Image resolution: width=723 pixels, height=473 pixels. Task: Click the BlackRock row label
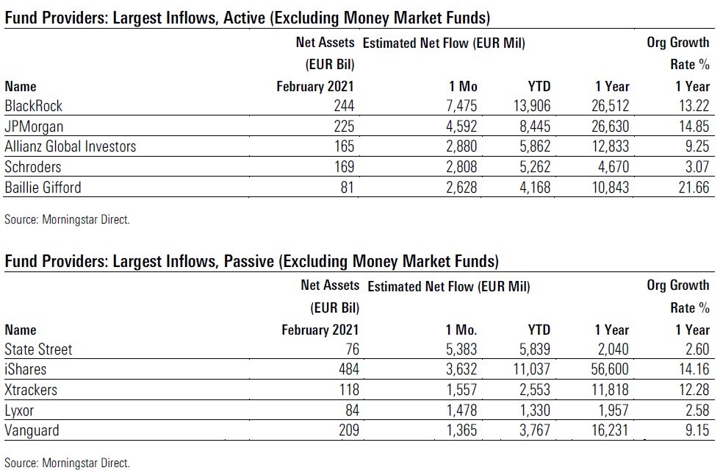33,106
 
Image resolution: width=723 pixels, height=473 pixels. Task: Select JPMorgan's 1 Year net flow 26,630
608,127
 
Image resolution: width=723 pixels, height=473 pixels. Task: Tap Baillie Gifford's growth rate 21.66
693,188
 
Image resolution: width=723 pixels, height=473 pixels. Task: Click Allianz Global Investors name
71,146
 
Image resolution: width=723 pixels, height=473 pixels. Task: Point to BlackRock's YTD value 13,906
528,106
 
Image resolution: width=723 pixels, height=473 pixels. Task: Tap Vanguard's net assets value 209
347,430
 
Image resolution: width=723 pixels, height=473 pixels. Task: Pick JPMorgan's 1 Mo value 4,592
461,127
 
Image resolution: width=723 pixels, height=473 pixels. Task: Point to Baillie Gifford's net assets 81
347,188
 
